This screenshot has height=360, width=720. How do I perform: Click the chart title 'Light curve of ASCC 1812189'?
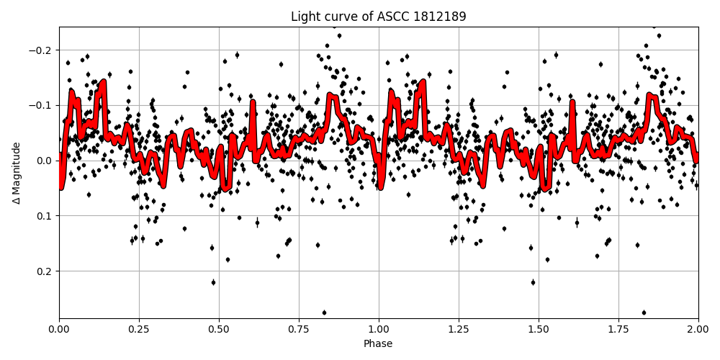coord(378,17)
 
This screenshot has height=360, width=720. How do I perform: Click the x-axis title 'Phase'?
coord(378,343)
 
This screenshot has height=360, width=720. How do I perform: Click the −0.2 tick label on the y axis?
coord(42,50)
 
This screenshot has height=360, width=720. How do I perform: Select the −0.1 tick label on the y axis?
coord(42,105)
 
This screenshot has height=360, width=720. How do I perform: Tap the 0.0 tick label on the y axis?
coord(46,161)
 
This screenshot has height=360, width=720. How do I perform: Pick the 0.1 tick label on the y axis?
coord(46,216)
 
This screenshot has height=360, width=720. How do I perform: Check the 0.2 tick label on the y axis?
coord(46,271)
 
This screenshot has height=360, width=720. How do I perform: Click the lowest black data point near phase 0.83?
coord(324,312)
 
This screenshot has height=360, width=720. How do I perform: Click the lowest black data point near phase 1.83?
coord(644,312)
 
